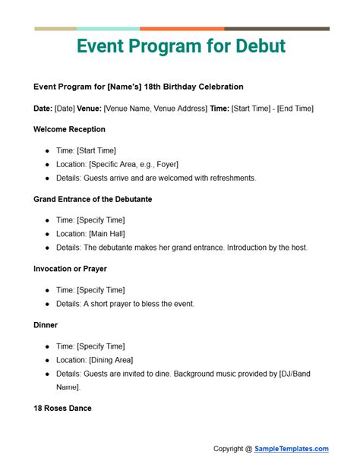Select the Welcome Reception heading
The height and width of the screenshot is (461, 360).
click(69, 129)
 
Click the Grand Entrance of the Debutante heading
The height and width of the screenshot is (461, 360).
click(93, 199)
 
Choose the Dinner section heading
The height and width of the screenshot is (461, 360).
click(46, 325)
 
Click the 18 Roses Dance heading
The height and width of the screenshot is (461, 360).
click(62, 408)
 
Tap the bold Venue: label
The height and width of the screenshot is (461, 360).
click(88, 109)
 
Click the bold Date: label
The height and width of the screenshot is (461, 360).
click(43, 109)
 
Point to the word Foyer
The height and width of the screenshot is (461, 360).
click(164, 164)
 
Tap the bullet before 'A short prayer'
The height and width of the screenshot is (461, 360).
click(47, 304)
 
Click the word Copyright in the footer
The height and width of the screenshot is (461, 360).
click(231, 448)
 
